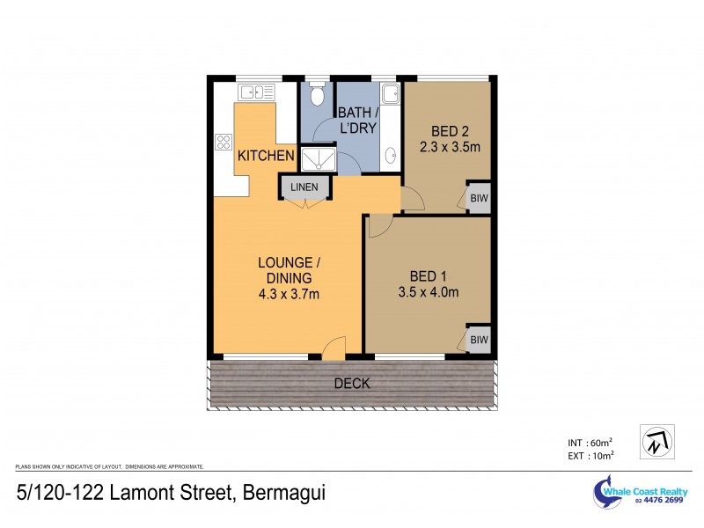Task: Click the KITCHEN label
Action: pyautogui.click(x=265, y=156)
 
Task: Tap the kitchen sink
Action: pyautogui.click(x=256, y=92)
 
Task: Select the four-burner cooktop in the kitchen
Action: pyautogui.click(x=224, y=142)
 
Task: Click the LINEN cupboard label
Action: pyautogui.click(x=304, y=187)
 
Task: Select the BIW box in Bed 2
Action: pyautogui.click(x=478, y=199)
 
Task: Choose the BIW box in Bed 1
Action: pyautogui.click(x=478, y=340)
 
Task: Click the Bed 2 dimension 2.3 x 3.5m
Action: pyautogui.click(x=449, y=147)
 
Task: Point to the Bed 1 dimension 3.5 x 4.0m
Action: pyautogui.click(x=429, y=292)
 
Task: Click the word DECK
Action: pyautogui.click(x=352, y=384)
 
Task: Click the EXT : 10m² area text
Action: pyautogui.click(x=589, y=455)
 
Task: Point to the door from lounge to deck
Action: pyautogui.click(x=333, y=349)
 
